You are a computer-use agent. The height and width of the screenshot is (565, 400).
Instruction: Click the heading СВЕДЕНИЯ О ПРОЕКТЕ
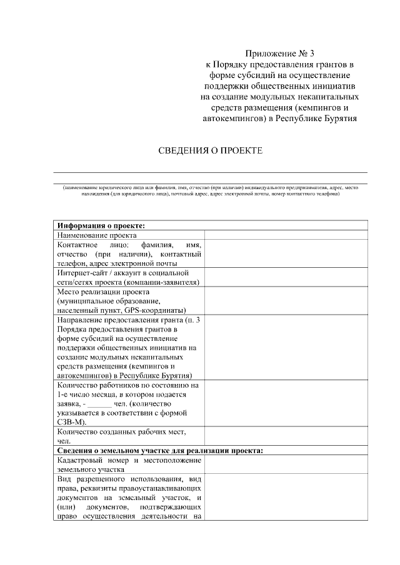click(210, 152)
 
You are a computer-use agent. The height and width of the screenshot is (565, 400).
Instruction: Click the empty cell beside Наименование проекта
click(286, 236)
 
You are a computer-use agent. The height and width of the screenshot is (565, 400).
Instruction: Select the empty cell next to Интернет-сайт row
click(286, 277)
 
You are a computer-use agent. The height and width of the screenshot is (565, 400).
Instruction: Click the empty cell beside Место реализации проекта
click(286, 301)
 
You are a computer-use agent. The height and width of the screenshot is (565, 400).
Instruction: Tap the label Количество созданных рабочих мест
click(121, 431)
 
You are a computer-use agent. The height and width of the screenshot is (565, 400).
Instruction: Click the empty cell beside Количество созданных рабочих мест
click(286, 436)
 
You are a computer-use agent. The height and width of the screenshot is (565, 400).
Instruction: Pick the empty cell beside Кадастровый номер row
click(286, 464)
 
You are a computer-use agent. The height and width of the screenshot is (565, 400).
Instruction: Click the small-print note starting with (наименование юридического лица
click(210, 190)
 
